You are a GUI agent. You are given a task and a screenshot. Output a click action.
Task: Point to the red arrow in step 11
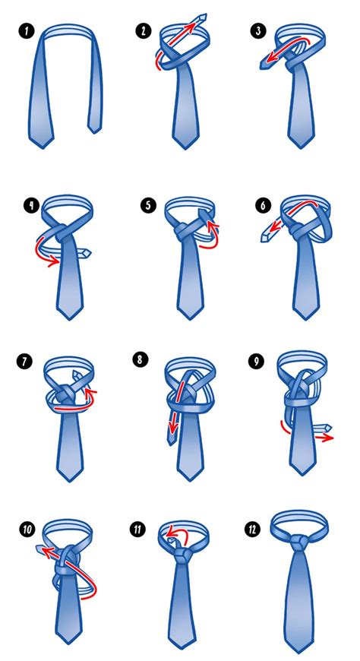pos(176,534)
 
